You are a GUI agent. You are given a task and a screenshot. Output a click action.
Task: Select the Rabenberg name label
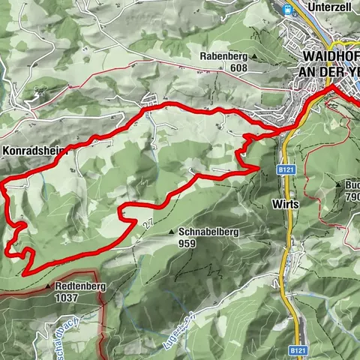click(x=223, y=56)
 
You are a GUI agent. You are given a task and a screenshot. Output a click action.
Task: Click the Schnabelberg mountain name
click(x=209, y=232)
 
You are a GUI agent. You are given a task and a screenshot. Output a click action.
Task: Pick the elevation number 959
click(x=188, y=243)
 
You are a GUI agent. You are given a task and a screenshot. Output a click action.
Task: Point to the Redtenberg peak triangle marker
click(x=49, y=286)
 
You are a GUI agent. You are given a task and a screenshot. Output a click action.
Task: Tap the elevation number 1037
click(x=65, y=298)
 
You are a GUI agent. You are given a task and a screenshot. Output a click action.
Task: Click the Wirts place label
click(x=286, y=204)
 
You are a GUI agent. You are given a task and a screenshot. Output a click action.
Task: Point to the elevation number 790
click(x=352, y=196)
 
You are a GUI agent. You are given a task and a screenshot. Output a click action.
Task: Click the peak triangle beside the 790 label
click(x=340, y=185)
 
